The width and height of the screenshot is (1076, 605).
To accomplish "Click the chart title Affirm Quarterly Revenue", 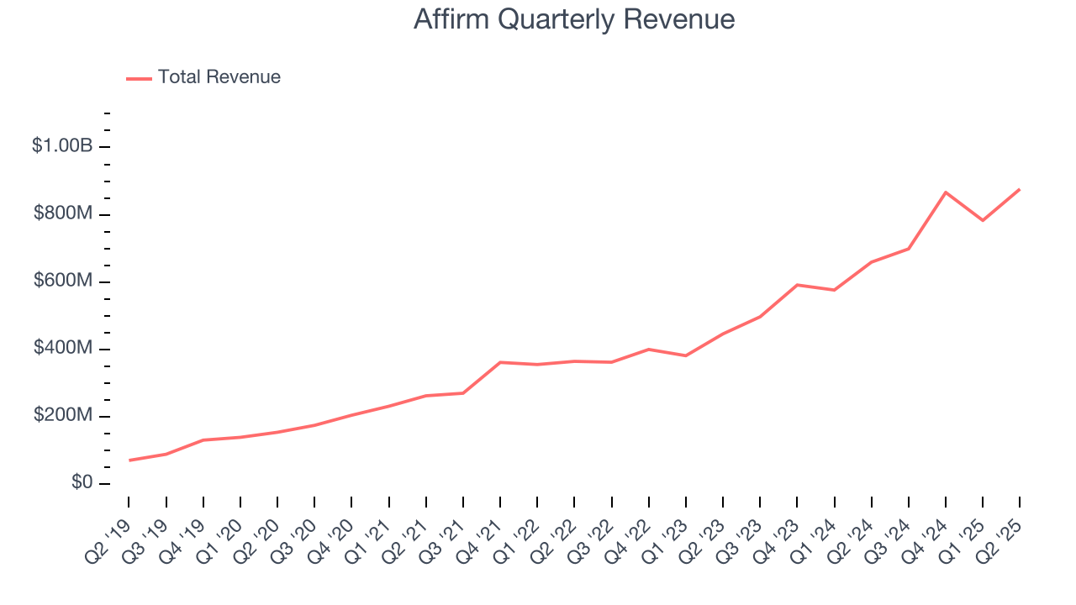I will click(x=574, y=19).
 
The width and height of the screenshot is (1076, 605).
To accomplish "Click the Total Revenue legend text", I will click(x=219, y=77).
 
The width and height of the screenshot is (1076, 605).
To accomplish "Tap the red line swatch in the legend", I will click(x=139, y=78).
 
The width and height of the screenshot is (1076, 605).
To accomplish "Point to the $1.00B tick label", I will click(x=62, y=146).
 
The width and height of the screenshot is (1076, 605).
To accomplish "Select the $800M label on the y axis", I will click(x=62, y=214).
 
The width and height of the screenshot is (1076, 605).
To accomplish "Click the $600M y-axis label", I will click(x=62, y=281).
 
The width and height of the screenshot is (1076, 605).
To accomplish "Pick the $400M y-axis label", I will click(x=62, y=349).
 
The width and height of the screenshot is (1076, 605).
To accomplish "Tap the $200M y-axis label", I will click(x=62, y=416).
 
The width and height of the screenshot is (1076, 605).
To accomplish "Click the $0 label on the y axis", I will click(x=81, y=483).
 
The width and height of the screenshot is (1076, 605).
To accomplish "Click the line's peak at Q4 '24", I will click(x=946, y=192).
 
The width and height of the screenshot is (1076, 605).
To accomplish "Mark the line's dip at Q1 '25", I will click(x=983, y=220).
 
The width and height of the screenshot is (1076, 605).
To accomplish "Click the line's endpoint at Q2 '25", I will click(x=1020, y=189).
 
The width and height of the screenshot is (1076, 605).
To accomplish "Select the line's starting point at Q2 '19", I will click(x=129, y=460).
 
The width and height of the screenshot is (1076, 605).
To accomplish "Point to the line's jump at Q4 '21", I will click(x=500, y=362).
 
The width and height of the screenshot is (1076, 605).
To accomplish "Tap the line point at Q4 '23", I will click(x=797, y=285).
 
